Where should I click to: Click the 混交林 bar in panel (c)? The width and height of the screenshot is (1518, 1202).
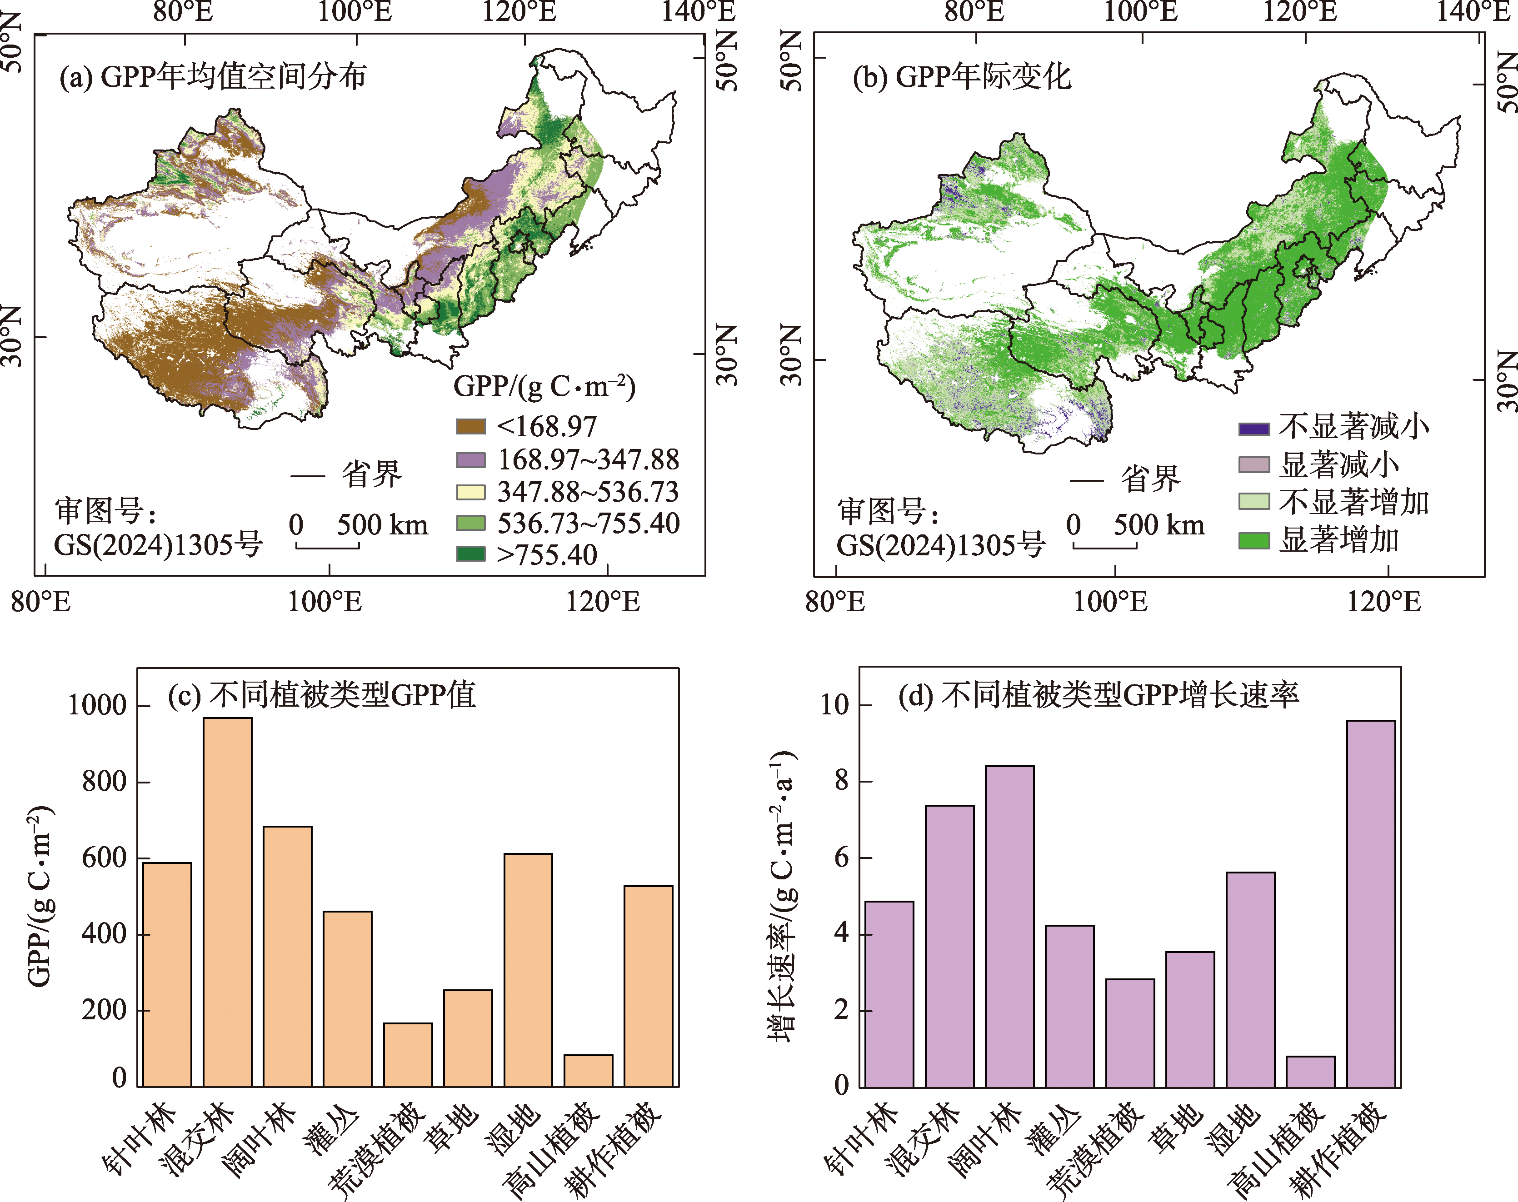coord(227,901)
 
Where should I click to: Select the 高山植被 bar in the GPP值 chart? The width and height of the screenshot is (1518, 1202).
coord(589,1070)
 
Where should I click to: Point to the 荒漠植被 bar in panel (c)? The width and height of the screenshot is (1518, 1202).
coord(408,1054)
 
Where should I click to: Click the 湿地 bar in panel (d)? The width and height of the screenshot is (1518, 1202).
coord(1250,979)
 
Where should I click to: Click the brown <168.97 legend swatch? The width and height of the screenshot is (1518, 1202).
coord(471,426)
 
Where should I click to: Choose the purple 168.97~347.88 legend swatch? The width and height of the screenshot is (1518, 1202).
coord(471,459)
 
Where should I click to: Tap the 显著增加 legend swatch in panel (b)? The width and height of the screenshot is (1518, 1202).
coord(1253,540)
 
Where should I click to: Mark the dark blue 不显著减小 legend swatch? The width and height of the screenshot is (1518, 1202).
coord(1253,429)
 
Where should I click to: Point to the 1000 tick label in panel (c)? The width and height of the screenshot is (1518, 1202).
coord(96,705)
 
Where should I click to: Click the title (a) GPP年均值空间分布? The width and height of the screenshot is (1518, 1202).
coord(213,76)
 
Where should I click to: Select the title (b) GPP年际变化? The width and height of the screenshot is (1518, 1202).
coord(961,76)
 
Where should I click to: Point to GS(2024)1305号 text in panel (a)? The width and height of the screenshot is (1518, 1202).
coord(158,544)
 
